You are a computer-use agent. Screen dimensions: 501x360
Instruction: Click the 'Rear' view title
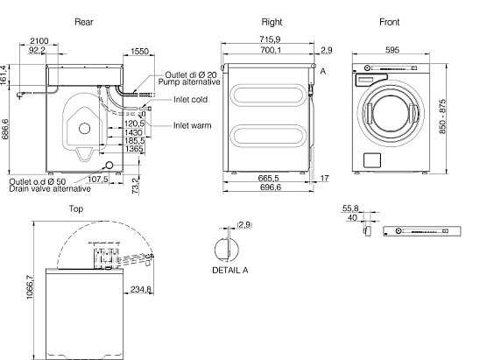click(x=84, y=22)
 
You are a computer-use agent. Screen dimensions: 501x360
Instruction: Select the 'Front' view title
click(x=389, y=22)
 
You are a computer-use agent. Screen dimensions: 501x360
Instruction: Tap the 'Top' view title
click(x=76, y=209)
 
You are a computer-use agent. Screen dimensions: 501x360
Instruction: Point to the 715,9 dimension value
click(x=270, y=39)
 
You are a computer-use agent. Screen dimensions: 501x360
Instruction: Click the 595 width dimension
click(x=392, y=50)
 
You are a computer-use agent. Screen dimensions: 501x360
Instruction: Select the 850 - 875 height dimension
click(x=442, y=116)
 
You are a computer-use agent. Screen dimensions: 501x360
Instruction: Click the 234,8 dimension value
click(x=140, y=289)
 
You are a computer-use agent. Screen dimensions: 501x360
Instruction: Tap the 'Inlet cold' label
click(x=190, y=100)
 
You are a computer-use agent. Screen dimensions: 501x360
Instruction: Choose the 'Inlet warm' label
click(x=193, y=125)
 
